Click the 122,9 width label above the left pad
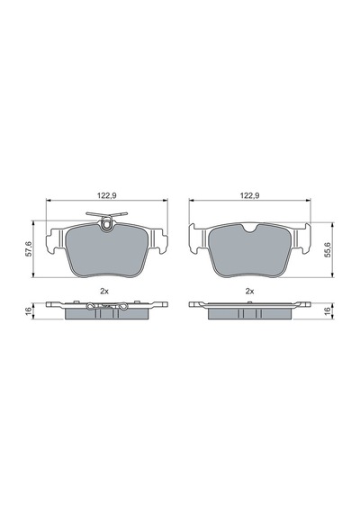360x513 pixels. tap(107, 195)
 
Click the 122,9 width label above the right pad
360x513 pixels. tap(249, 195)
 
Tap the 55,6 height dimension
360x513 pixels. tap(328, 249)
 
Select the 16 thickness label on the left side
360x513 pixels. tap(28, 310)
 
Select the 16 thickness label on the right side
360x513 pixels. tap(328, 310)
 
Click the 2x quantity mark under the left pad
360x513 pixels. tap(104, 292)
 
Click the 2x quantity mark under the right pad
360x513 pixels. tap(249, 292)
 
